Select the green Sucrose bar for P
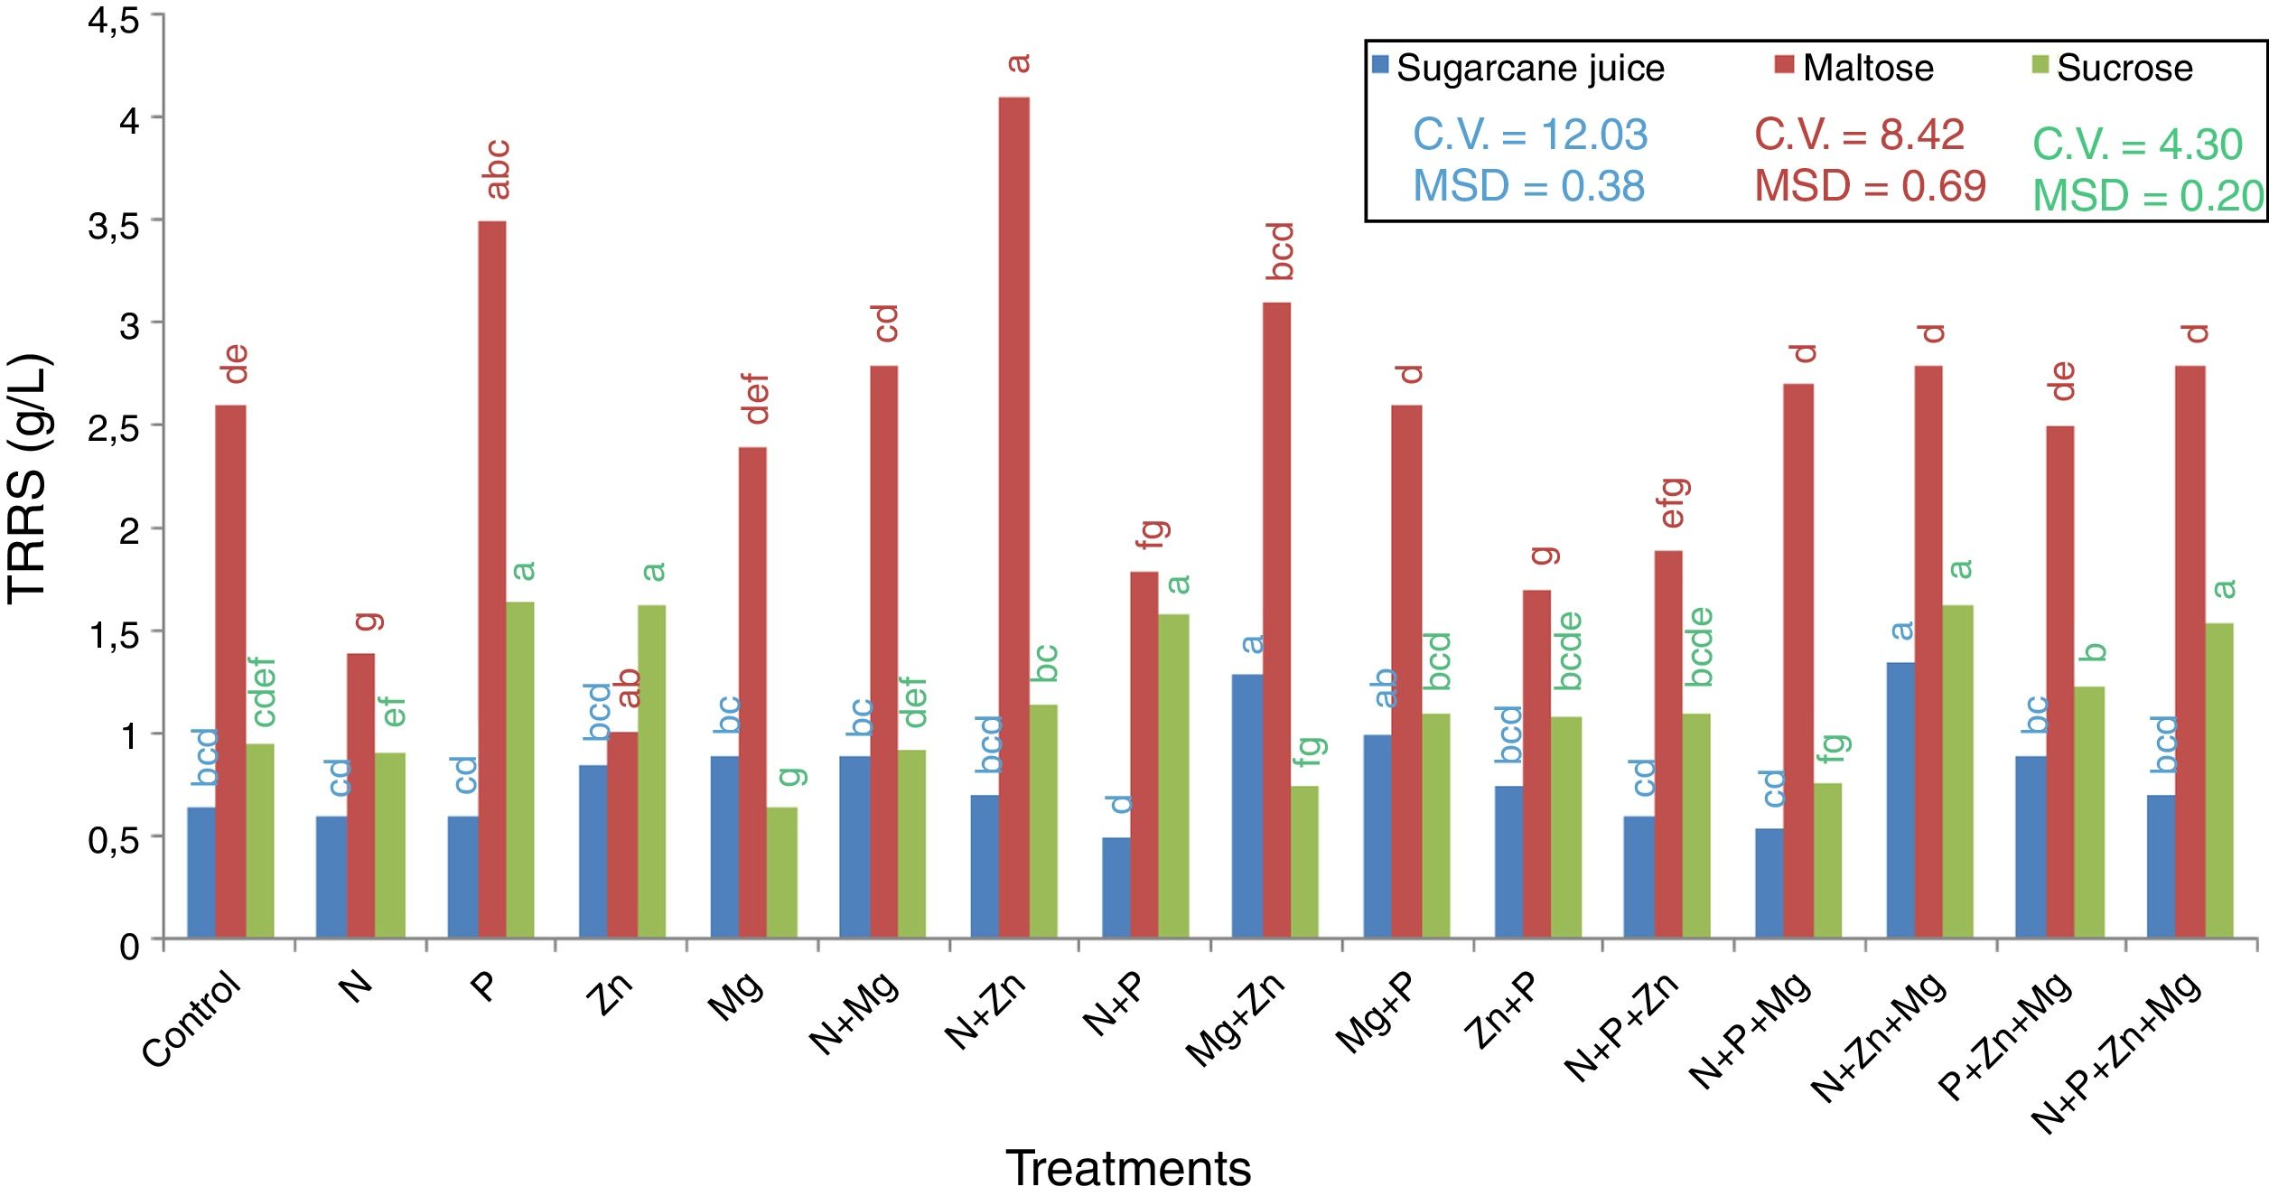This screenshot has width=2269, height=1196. pos(519,770)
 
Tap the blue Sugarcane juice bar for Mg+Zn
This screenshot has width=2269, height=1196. pos(1247,806)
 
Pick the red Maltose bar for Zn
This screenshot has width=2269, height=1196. pos(622,835)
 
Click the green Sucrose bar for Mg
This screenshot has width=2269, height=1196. pos(781,873)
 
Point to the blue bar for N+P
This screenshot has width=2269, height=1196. pos(1116,887)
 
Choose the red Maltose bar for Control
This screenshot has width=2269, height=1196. pos(230,671)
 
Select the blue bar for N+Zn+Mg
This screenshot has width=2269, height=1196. pos(1900,800)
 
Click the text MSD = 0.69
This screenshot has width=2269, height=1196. pos(1870,186)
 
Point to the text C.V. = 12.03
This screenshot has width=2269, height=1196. pos(1530,135)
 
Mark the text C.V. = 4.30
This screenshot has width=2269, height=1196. pos(2137,145)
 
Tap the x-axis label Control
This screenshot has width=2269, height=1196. pos(192,1019)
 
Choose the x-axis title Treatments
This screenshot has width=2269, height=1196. pos(1128,1168)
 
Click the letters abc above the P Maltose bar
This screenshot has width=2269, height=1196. pos(497,169)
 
